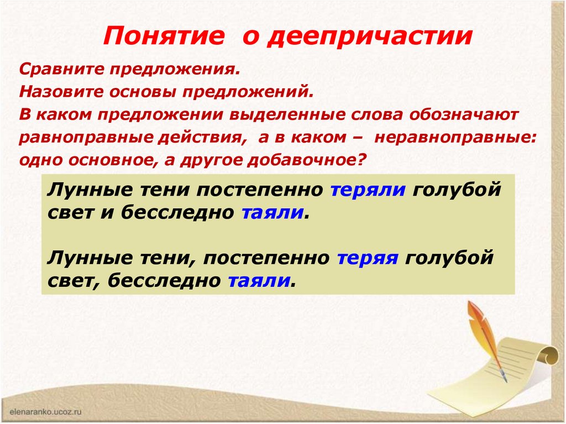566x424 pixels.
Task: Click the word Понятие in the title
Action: [x=164, y=36]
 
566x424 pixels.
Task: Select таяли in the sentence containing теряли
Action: [x=272, y=213]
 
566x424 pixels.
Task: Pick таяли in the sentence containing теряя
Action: [x=259, y=282]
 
